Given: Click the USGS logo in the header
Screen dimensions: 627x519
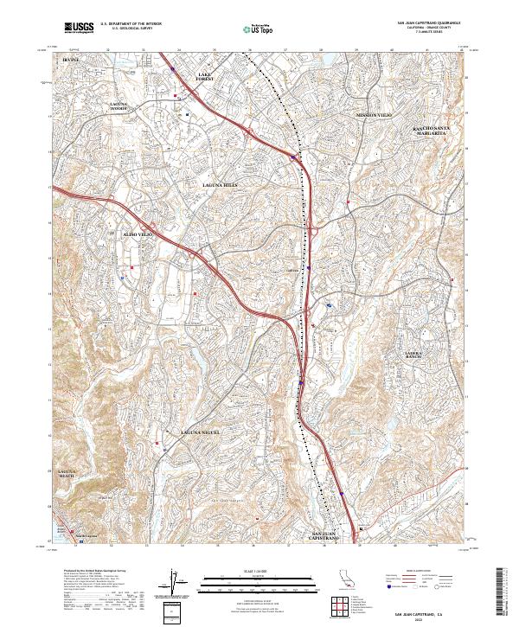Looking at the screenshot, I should (x=79, y=29).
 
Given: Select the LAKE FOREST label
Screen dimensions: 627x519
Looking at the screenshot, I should (x=205, y=78).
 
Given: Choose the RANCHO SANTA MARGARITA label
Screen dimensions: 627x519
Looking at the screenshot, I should (x=431, y=131).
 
